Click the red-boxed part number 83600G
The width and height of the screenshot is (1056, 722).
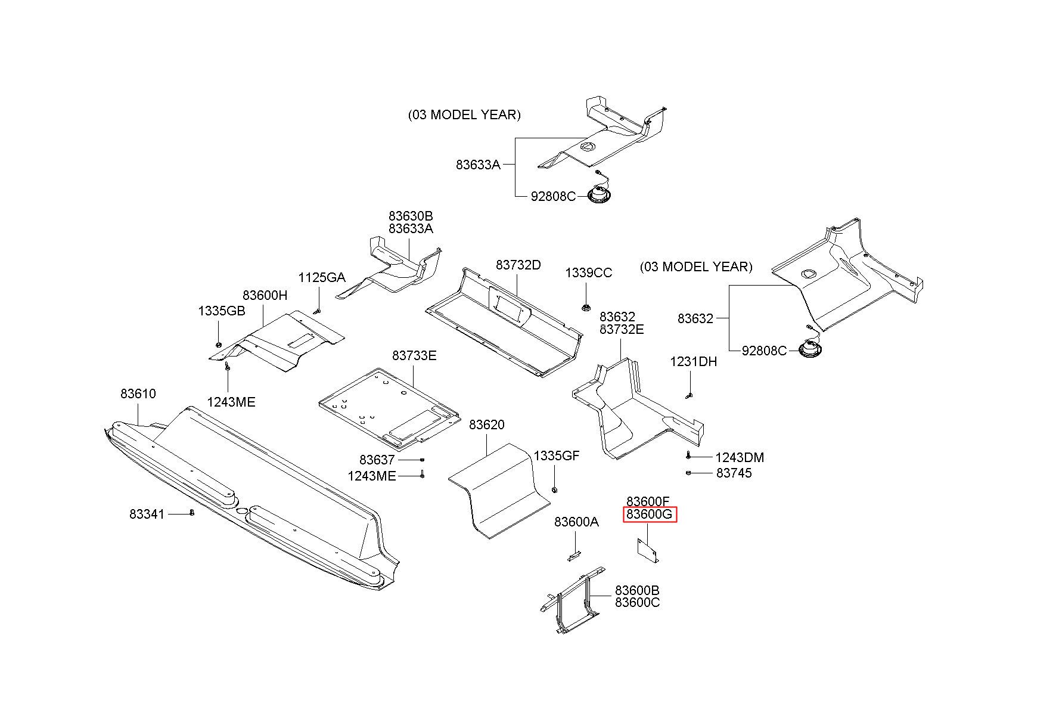click(x=650, y=515)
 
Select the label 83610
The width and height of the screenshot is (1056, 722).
click(x=138, y=393)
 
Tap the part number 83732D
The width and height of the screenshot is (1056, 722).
click(x=518, y=265)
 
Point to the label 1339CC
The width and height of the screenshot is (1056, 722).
click(x=589, y=272)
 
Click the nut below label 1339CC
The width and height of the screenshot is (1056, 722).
click(x=586, y=308)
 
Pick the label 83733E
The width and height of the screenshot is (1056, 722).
click(x=414, y=355)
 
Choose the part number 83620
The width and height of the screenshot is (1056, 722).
click(x=487, y=424)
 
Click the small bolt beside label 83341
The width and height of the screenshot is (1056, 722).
click(x=192, y=512)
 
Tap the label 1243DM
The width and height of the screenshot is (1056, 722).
click(x=740, y=457)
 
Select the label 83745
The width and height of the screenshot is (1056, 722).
click(x=734, y=473)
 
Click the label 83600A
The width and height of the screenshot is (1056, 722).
click(x=577, y=522)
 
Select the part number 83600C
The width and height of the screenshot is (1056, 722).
click(x=638, y=602)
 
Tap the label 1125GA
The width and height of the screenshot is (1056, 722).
click(x=322, y=277)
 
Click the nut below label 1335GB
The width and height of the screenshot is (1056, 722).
click(x=218, y=344)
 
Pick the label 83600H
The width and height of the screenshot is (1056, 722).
click(x=265, y=295)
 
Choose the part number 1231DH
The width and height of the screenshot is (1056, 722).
click(x=694, y=361)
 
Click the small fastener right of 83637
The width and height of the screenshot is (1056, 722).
click(x=422, y=460)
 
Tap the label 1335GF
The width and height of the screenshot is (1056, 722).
click(x=557, y=455)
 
